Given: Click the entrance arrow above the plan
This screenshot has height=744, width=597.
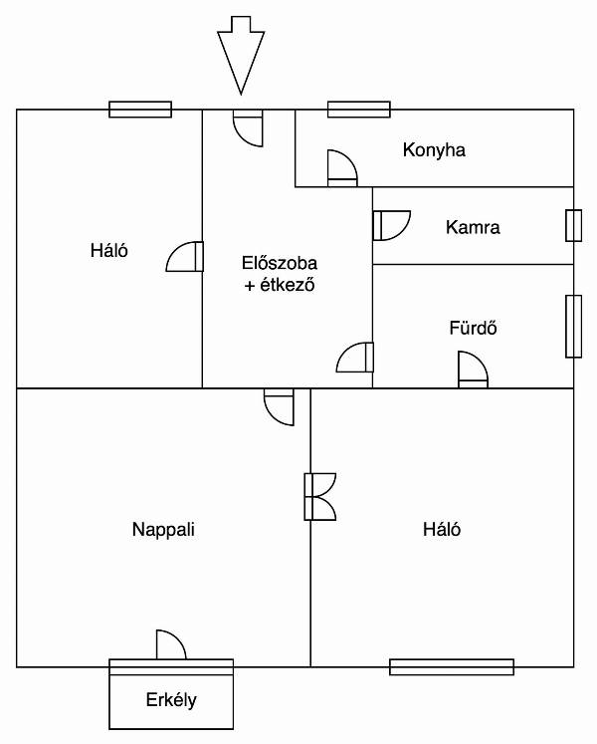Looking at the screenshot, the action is (241, 56).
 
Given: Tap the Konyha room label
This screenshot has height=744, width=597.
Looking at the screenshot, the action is (434, 150).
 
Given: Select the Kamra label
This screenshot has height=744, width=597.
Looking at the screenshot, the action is (473, 227).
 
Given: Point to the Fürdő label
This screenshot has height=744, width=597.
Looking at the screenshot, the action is (474, 328).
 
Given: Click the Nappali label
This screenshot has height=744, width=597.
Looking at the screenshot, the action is (163, 530).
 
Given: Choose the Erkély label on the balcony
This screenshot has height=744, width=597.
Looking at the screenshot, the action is (171, 700).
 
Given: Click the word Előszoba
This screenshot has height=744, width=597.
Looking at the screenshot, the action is (280, 263).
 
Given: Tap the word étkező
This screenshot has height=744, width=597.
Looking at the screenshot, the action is (288, 285).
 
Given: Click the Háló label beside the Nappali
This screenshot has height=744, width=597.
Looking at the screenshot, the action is (442, 529).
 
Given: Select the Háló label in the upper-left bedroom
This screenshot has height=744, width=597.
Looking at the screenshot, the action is (109, 250).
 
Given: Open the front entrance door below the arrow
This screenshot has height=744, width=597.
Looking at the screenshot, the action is (248, 128).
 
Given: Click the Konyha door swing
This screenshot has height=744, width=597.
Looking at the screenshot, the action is (342, 168).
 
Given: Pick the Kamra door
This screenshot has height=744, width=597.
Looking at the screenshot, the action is (392, 225).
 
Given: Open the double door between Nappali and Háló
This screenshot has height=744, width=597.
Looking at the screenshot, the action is (320, 497).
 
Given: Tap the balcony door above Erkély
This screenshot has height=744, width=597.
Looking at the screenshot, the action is (171, 644).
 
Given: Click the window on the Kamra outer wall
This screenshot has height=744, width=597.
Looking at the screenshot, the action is (574, 225).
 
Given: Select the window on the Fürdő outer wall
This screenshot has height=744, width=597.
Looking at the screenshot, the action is (574, 326).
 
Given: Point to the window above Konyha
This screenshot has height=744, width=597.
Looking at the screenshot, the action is (359, 110).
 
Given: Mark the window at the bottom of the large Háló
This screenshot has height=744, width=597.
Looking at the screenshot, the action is (452, 666).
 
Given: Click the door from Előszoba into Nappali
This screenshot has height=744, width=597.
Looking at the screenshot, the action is (279, 406).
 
